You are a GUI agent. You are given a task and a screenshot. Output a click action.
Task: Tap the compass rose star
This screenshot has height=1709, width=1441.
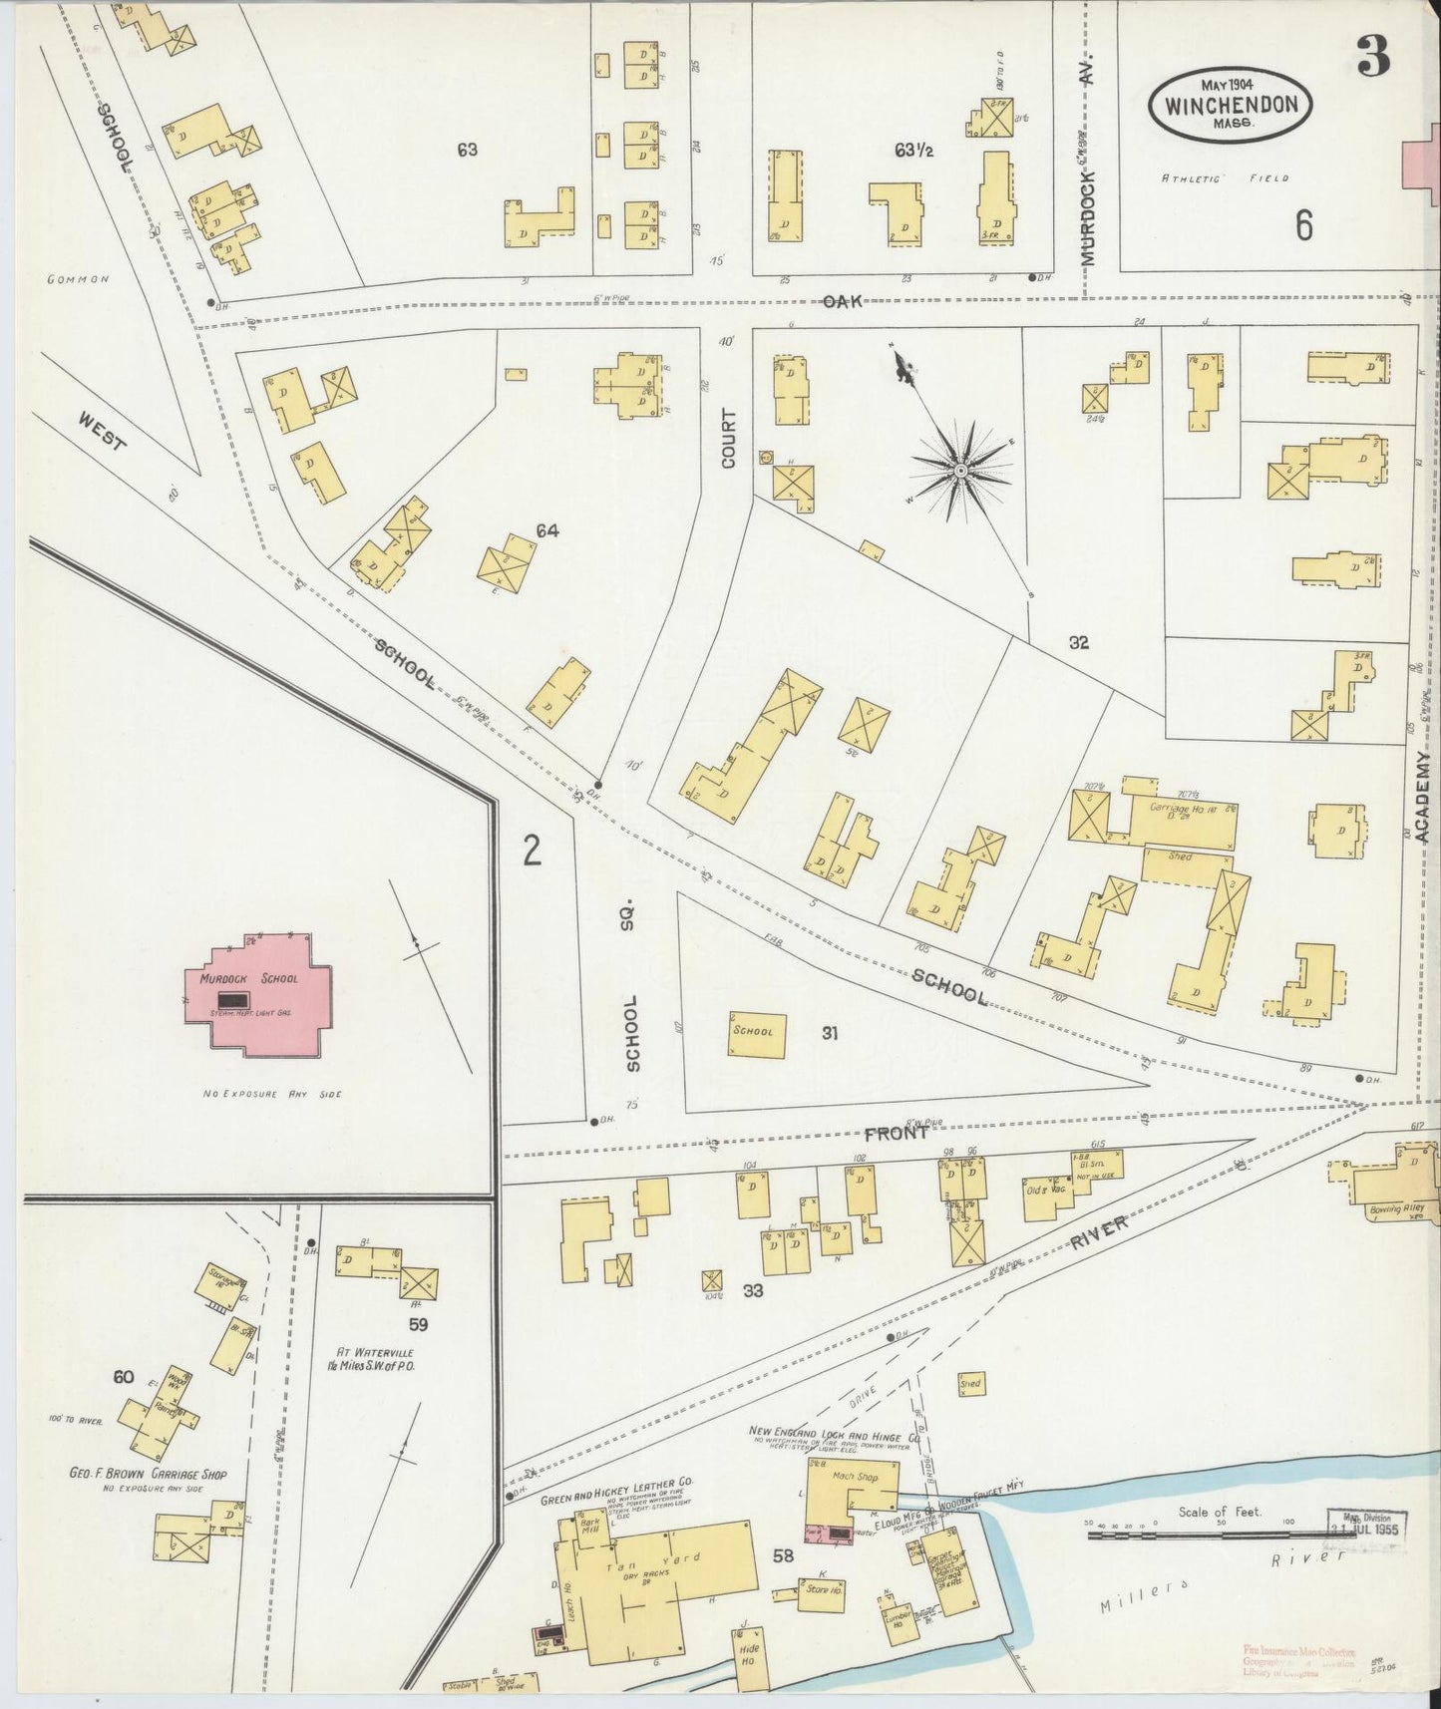tap(959, 470)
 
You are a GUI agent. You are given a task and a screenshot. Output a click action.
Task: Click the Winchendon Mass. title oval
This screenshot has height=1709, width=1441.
tap(1229, 105)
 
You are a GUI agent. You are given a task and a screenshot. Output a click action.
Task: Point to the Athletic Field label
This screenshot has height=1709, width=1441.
tap(1224, 178)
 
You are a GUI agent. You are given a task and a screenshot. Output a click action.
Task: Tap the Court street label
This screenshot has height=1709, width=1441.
tap(728, 439)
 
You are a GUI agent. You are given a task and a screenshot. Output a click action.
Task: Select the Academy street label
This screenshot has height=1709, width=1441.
tap(1423, 798)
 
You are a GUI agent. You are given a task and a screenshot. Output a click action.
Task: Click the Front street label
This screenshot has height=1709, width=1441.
tap(897, 1133)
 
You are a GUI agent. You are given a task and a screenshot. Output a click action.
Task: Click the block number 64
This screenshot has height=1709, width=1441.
tap(546, 530)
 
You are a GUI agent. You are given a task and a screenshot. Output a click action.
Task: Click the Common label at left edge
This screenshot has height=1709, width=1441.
tap(77, 280)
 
